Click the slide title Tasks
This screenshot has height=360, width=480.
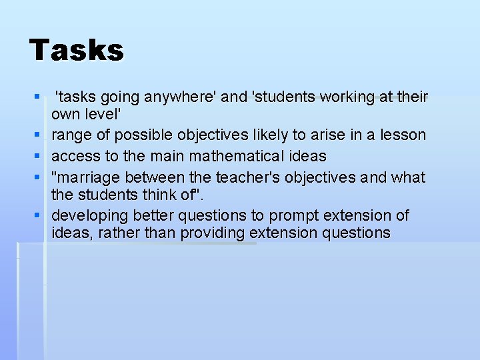(77, 51)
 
